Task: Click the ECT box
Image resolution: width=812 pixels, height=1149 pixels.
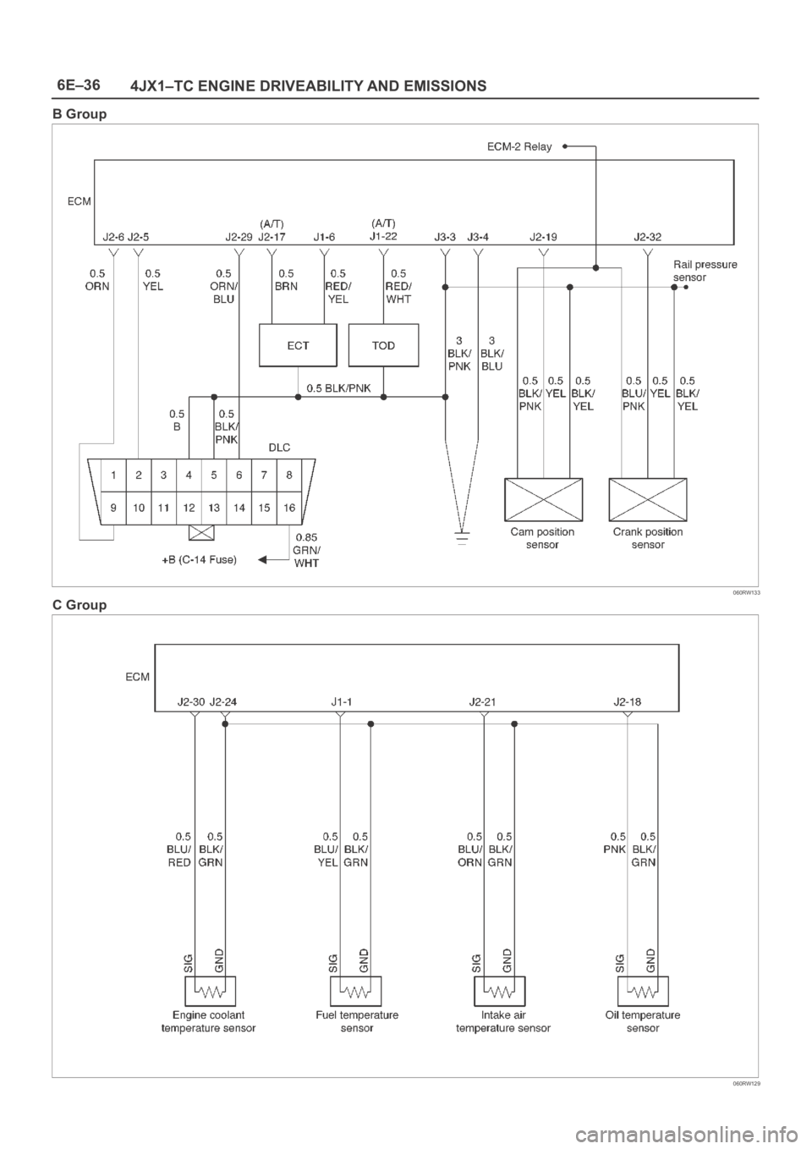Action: coord(298,345)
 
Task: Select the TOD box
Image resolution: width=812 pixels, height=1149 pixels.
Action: coord(383,345)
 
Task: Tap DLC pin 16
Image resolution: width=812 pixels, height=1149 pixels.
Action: coord(289,508)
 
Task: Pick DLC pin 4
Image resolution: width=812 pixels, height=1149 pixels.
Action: coord(189,476)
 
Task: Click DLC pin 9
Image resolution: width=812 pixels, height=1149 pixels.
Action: coord(113,508)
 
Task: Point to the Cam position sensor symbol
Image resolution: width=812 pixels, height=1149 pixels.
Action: coord(543,499)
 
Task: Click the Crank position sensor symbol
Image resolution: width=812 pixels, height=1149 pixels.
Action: coord(648,499)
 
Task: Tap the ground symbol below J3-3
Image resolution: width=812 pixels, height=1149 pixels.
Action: coord(462,537)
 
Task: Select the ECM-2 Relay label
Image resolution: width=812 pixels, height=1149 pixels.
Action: coord(519,146)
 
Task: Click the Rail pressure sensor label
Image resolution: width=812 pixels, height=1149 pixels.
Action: coord(705,271)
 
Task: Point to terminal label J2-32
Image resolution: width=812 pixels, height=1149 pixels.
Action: coord(647,237)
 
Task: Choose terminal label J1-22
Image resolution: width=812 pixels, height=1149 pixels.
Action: coord(383,236)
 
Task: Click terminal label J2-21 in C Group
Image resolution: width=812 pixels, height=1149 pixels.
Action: coord(482,701)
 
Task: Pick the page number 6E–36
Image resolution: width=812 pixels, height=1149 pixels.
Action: coord(79,85)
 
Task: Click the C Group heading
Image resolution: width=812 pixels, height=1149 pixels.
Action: coord(80,605)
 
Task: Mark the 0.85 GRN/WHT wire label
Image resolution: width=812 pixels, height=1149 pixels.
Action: coord(306,550)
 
